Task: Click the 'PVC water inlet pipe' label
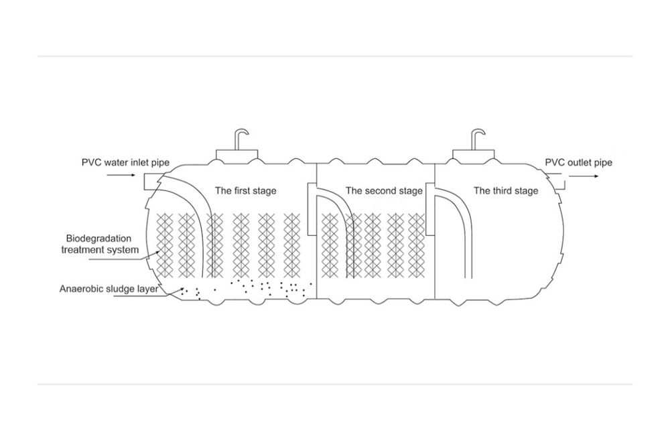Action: tap(125, 163)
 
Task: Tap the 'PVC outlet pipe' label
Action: tap(578, 163)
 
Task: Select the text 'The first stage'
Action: tap(245, 190)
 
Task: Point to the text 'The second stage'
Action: tap(384, 190)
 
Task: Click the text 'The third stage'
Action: tap(505, 190)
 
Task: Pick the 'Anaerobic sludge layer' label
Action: tap(109, 289)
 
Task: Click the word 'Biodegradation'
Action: tap(98, 239)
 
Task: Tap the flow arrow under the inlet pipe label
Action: tap(121, 175)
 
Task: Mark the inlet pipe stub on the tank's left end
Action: tap(150, 182)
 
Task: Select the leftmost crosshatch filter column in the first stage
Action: tap(165, 246)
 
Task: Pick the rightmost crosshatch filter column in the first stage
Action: tap(292, 246)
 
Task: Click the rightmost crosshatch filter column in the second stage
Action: tap(417, 246)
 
